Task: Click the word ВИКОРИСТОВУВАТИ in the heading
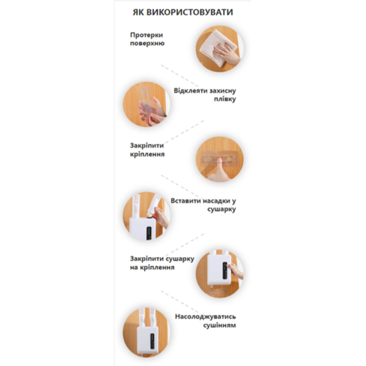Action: (x=189, y=12)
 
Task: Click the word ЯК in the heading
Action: (x=138, y=12)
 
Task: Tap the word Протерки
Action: (x=146, y=35)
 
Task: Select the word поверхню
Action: (x=148, y=44)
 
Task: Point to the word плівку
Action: (x=225, y=99)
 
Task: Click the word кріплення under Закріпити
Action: (x=148, y=155)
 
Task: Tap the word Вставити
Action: (x=185, y=201)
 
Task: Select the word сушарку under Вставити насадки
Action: (x=221, y=209)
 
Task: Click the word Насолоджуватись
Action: (x=206, y=317)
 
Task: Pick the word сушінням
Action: (x=220, y=325)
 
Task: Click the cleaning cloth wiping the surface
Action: (x=211, y=48)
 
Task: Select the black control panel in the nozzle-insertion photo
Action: (x=149, y=233)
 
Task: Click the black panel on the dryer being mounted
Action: (x=225, y=270)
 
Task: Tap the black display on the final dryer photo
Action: (x=152, y=341)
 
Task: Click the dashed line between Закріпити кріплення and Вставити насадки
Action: (x=180, y=185)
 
